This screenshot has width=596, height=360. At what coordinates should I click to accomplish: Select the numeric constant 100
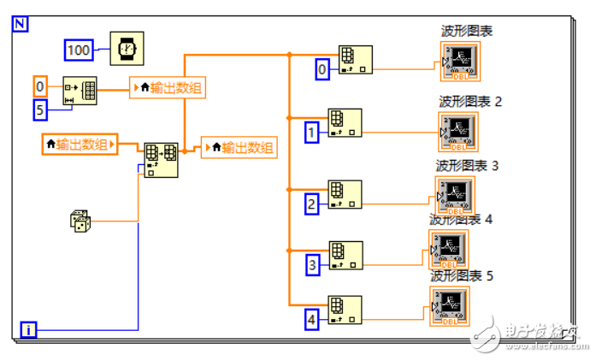[x=79, y=50]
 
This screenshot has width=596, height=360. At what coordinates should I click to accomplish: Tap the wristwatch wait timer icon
[x=127, y=48]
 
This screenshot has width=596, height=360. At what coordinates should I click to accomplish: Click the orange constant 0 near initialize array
[x=40, y=86]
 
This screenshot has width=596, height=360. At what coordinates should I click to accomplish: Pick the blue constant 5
[x=40, y=109]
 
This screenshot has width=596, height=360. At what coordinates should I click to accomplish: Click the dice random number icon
[x=80, y=221]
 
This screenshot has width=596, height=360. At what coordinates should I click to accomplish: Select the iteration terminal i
[x=29, y=328]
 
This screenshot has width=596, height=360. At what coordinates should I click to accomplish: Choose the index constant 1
[x=312, y=133]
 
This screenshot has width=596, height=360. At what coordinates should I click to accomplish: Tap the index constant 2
[x=312, y=204]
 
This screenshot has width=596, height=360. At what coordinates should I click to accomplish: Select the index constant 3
[x=312, y=265]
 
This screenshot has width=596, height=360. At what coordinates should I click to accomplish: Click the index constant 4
[x=312, y=320]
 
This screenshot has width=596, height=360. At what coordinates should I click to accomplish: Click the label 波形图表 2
[x=470, y=102]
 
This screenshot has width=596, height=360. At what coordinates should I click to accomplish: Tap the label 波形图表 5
[x=462, y=276]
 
